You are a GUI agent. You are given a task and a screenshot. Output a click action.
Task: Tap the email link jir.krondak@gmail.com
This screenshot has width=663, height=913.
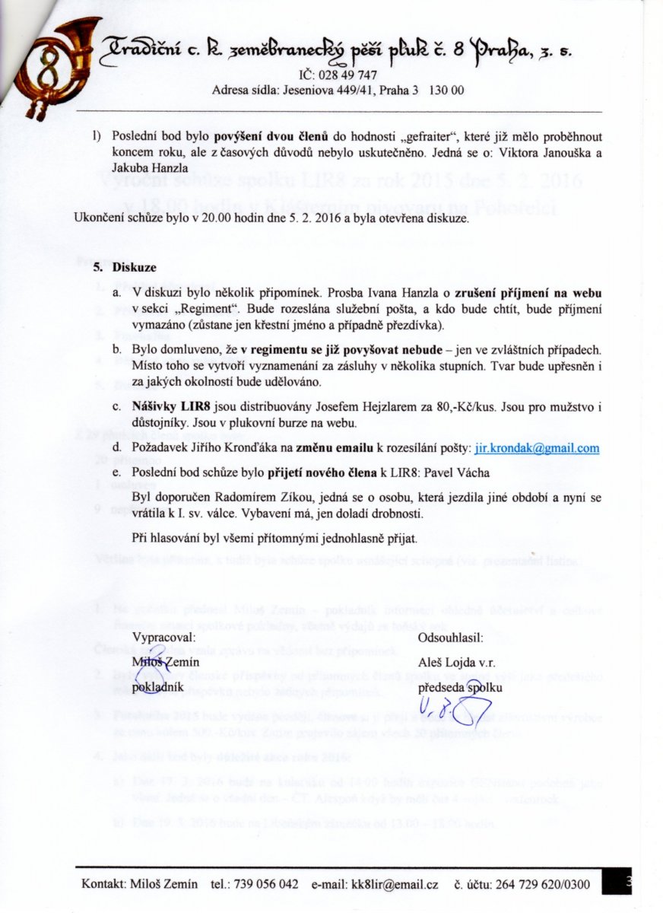tap(537, 448)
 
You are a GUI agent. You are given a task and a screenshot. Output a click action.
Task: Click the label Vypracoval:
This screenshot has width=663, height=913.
tap(163, 638)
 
